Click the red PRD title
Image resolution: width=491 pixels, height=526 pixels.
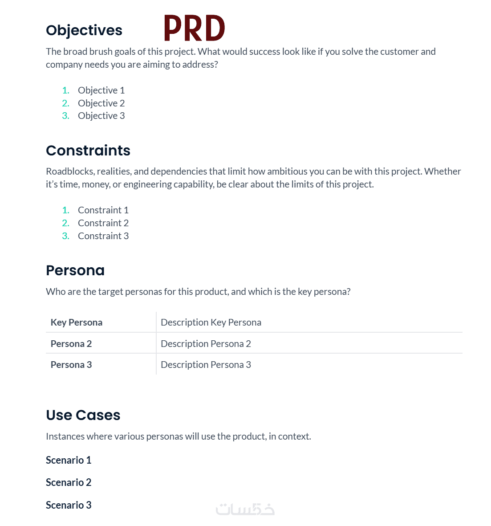pyautogui.click(x=195, y=28)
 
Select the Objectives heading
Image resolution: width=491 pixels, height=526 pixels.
pyautogui.click(x=84, y=30)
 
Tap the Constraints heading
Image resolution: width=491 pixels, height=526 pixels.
pyautogui.click(x=88, y=151)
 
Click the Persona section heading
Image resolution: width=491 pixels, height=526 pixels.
pyautogui.click(x=75, y=270)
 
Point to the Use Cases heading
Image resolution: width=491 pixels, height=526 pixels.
pyautogui.click(x=83, y=415)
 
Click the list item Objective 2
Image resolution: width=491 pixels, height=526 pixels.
pyautogui.click(x=101, y=103)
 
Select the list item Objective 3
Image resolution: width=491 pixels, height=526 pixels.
pyautogui.click(x=101, y=116)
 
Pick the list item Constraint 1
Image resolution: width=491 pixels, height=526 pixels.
pyautogui.click(x=103, y=210)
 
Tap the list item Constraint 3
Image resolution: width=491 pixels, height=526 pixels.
pyautogui.click(x=103, y=236)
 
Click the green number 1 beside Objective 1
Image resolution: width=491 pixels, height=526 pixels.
pyautogui.click(x=65, y=90)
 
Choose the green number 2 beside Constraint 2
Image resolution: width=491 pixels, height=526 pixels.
pyautogui.click(x=65, y=223)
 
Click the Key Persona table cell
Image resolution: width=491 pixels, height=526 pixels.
pyautogui.click(x=77, y=322)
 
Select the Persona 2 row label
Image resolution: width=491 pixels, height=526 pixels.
pyautogui.click(x=71, y=344)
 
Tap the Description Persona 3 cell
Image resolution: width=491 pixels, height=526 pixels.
pyautogui.click(x=206, y=365)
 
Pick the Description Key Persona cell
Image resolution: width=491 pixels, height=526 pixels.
pyautogui.click(x=211, y=322)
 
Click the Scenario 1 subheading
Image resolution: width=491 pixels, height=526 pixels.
pyautogui.click(x=69, y=460)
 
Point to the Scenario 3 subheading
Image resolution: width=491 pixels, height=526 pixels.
pyautogui.click(x=69, y=505)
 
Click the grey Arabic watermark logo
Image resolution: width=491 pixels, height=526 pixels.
pyautogui.click(x=245, y=510)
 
